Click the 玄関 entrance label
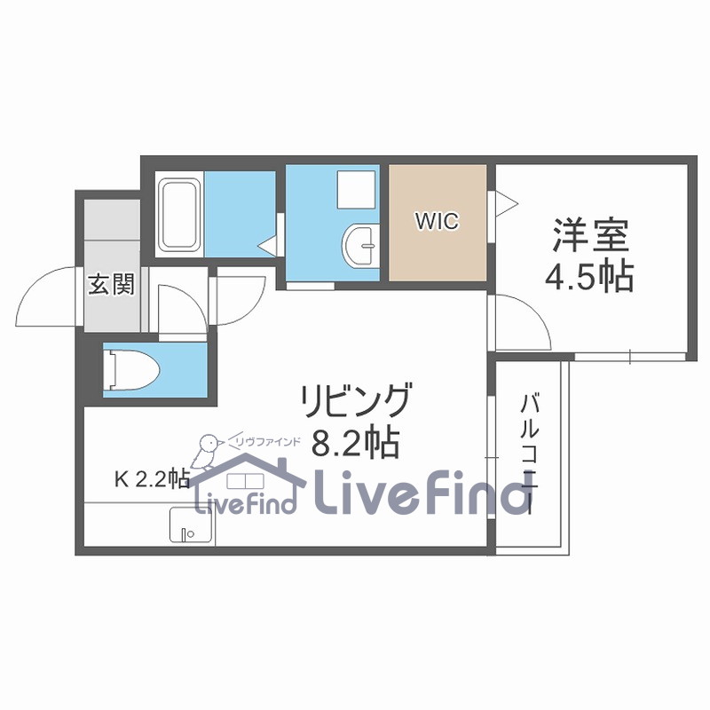pyautogui.click(x=111, y=284)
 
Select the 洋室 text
pyautogui.click(x=591, y=236)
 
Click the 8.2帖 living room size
pyautogui.click(x=355, y=441)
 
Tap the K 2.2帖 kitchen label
pyautogui.click(x=151, y=479)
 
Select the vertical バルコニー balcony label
pyautogui.click(x=530, y=454)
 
